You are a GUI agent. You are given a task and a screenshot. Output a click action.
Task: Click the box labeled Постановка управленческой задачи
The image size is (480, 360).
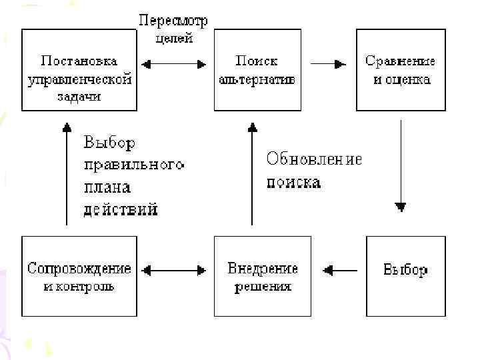79,70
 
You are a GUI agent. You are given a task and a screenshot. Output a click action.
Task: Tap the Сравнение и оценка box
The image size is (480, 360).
400,70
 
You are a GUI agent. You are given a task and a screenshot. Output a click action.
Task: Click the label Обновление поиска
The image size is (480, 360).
314,170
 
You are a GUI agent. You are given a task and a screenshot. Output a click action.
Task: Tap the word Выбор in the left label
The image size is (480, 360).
109,143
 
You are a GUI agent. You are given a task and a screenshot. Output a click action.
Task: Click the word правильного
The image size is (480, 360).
133,165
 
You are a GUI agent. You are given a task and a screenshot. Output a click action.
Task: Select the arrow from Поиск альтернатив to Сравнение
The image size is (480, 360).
329,64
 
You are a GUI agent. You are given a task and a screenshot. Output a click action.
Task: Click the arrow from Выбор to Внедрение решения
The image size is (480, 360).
340,270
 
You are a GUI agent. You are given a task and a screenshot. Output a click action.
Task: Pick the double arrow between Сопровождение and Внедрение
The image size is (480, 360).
175,270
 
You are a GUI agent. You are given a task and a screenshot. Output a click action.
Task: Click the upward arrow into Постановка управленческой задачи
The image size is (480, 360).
67,173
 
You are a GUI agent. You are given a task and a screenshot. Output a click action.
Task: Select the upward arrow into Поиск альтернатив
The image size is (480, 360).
251,173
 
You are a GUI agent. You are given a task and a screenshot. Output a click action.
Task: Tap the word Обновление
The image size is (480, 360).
314,159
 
